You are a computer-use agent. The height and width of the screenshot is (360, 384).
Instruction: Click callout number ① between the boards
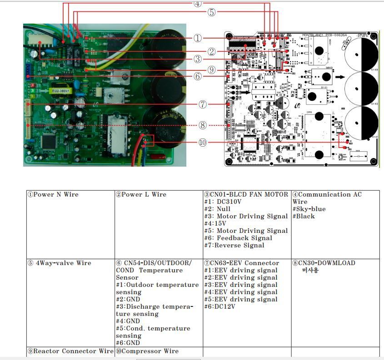[197, 39]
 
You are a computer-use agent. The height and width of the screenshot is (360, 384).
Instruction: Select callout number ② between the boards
[212, 52]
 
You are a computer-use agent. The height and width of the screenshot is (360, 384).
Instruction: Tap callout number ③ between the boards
[197, 59]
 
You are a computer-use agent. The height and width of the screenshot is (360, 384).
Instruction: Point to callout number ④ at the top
[197, 4]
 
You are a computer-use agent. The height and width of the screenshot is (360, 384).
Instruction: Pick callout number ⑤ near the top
[212, 12]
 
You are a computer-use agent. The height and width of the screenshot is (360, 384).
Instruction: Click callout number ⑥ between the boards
[197, 76]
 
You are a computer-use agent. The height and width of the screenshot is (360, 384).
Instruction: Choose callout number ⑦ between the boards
[203, 104]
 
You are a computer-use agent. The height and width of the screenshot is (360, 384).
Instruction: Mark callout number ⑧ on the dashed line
[203, 125]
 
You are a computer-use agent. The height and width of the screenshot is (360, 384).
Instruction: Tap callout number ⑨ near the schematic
[211, 69]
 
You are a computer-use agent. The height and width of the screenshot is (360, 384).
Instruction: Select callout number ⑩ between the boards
[203, 143]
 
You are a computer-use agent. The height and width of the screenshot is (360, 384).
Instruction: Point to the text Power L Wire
[141, 195]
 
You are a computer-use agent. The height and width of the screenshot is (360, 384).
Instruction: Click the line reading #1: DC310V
[226, 202]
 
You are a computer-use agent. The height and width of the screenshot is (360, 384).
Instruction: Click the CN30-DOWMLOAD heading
[324, 263]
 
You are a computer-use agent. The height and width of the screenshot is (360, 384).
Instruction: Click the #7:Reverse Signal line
[234, 246]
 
